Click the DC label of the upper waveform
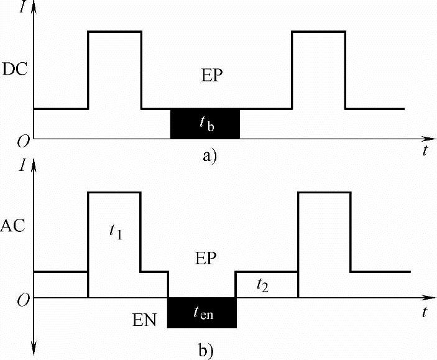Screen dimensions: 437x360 tap(15, 69)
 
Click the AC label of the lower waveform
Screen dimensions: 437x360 tap(13, 225)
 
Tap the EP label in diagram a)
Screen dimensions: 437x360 tap(212, 75)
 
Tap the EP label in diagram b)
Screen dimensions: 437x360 tap(206, 258)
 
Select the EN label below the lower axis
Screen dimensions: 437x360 tap(144, 320)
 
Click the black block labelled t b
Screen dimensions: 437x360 tap(205, 124)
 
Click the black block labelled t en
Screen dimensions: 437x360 tap(202, 313)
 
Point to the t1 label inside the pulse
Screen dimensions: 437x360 tap(116, 232)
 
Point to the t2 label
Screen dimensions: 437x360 tap(262, 285)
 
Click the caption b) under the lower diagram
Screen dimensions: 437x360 tap(206, 350)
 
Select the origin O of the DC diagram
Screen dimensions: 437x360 tap(23, 142)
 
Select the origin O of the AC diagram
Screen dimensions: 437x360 tap(23, 300)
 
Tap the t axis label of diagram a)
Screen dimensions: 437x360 tap(425, 151)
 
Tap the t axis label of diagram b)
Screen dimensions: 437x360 tap(425, 312)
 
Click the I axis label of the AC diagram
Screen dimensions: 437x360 tap(23, 165)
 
